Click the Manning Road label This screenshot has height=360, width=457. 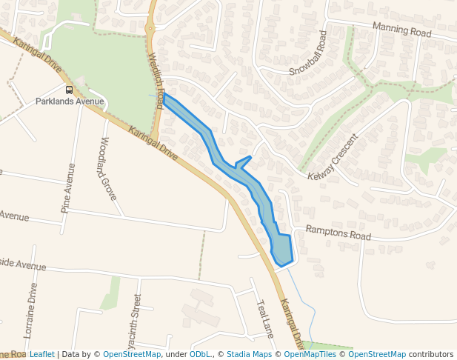click(x=401, y=30)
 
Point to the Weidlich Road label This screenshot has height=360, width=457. click(x=155, y=80)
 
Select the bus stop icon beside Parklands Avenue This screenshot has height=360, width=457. click(x=70, y=90)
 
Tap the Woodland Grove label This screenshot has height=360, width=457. click(x=108, y=168)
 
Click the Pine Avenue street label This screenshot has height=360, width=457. click(x=68, y=189)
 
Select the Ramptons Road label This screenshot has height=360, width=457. click(x=338, y=233)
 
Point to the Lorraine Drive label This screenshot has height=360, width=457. click(x=33, y=310)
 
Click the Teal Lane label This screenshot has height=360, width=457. click(x=265, y=319)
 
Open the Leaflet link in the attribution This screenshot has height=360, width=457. click(x=42, y=354)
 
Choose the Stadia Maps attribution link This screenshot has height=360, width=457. click(x=249, y=354)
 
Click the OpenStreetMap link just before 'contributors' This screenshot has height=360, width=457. click(x=377, y=354)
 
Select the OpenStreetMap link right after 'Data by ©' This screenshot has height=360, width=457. click(x=132, y=354)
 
